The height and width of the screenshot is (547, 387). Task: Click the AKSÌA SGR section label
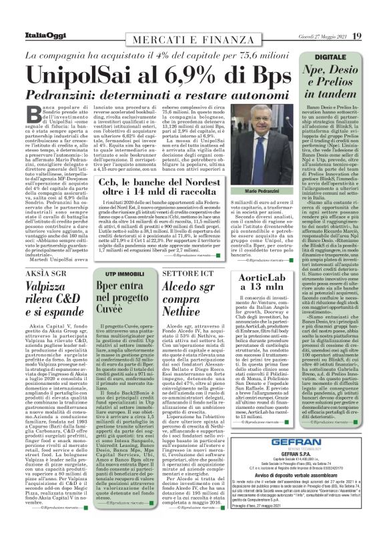coord(41,274)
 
